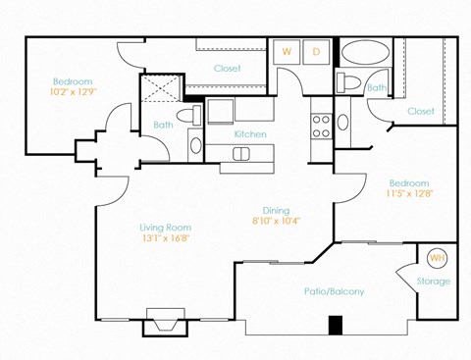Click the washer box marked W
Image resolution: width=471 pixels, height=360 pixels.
(x=288, y=51)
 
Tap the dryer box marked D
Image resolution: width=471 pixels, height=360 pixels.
(x=317, y=51)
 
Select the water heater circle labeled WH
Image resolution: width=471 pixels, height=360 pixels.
(x=436, y=258)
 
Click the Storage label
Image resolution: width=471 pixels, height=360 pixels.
(x=434, y=282)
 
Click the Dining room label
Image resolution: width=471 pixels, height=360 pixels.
(x=276, y=209)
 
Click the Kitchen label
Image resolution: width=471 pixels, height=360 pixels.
(x=250, y=134)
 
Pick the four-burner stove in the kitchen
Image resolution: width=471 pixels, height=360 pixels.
(x=321, y=125)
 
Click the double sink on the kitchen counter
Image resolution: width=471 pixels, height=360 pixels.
(x=253, y=152)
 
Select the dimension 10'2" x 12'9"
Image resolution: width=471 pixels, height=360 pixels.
(x=72, y=92)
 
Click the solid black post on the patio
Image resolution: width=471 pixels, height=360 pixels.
(x=335, y=325)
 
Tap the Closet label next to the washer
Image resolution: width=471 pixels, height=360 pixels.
(x=228, y=69)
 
